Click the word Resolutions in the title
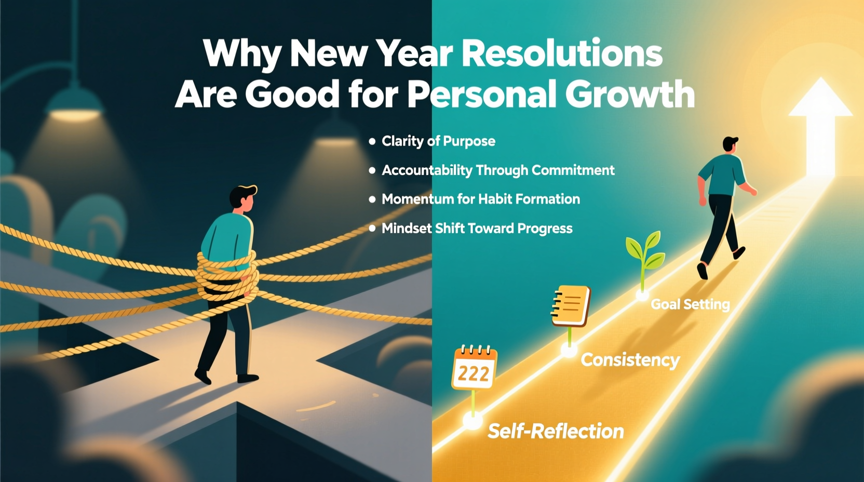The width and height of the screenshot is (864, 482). pos(562,53)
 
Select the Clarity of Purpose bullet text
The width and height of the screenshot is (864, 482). pos(438,141)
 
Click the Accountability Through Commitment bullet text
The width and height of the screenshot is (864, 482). pos(498,170)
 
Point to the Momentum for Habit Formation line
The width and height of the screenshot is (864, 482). pos(480,199)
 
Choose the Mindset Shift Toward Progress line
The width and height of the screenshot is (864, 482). pos(477,229)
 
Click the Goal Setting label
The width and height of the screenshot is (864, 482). pos(690,304)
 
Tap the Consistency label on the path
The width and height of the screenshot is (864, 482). pos(630,360)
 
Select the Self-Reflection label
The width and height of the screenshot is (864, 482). pos(556,431)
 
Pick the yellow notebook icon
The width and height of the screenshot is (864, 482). pos(571,305)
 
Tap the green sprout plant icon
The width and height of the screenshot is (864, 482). pos(645,252)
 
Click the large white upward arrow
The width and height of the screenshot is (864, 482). pos(820,125)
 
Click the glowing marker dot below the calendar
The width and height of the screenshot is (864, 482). pos(473,420)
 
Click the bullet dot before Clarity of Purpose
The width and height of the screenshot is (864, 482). pos(372,141)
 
